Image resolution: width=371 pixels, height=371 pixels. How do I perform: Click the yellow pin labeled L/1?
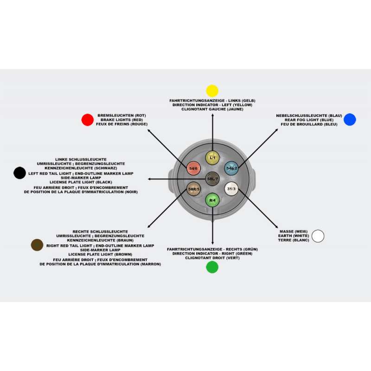(212, 158)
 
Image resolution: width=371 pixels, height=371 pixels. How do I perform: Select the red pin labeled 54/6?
(193, 168)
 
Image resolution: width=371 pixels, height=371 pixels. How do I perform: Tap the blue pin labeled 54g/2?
(231, 168)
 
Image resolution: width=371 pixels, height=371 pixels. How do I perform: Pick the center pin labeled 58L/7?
(212, 179)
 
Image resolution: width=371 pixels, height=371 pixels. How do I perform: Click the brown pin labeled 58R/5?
(193, 189)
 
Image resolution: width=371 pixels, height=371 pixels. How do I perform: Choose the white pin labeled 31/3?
(231, 189)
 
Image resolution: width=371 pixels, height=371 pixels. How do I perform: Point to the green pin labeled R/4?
(212, 200)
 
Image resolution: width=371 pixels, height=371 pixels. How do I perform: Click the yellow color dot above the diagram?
(212, 91)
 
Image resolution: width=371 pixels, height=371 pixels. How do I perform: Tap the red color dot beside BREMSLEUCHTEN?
(88, 120)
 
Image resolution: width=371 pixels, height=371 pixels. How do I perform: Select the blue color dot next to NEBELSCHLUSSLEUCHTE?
(350, 120)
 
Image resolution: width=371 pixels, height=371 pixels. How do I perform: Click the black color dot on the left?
(19, 173)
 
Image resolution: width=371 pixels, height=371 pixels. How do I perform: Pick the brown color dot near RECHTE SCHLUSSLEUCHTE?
(37, 245)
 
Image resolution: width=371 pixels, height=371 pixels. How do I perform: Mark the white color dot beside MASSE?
(318, 236)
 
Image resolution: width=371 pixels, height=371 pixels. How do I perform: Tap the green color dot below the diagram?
(212, 267)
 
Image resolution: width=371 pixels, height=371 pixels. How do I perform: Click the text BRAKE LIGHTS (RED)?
(122, 120)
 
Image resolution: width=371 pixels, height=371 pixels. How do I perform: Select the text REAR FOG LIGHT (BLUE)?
(309, 120)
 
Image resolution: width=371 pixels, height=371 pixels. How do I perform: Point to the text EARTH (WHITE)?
(294, 236)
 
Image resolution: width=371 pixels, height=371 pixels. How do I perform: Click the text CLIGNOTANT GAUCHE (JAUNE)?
(212, 109)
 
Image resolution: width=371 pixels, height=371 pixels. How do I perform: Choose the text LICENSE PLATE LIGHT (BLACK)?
(81, 182)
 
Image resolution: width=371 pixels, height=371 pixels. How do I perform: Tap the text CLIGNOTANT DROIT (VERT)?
(212, 258)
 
